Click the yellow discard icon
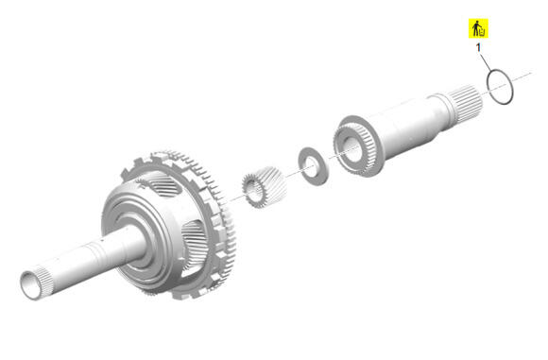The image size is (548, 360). tap(478, 28)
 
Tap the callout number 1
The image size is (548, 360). tap(478, 47)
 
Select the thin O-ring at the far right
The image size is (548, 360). tap(488, 81)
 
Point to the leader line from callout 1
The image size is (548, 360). tap(486, 61)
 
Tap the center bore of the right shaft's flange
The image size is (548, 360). tap(353, 150)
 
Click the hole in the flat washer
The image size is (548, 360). tap(312, 166)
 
